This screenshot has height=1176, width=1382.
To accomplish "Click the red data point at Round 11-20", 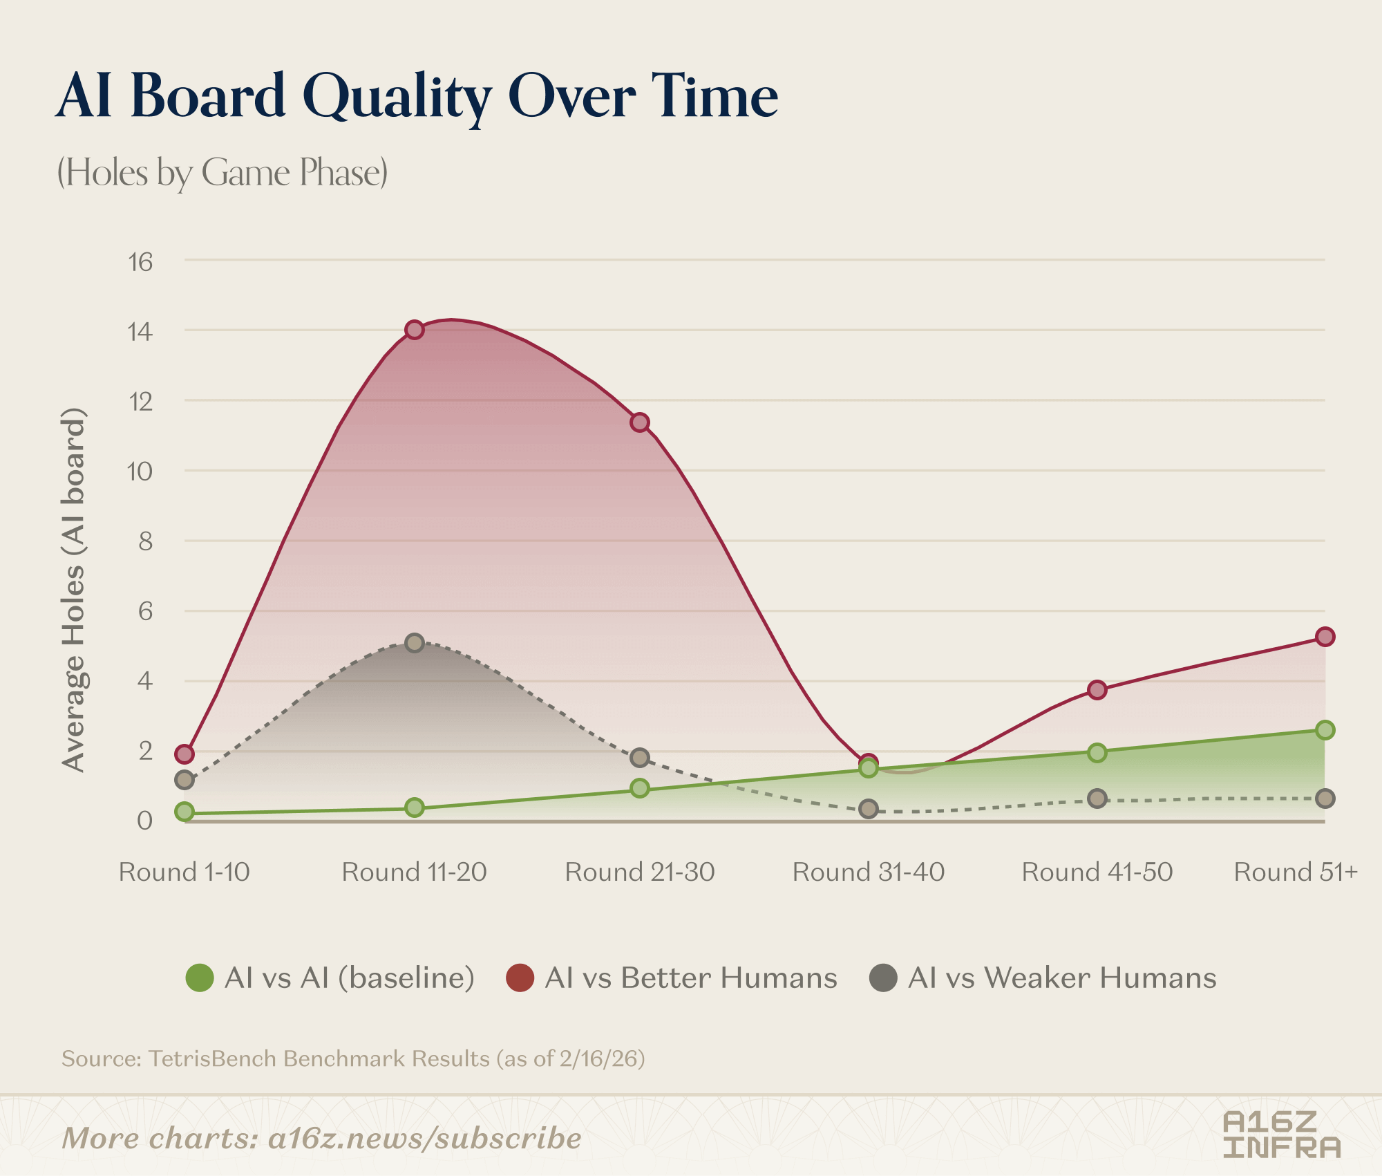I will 414,330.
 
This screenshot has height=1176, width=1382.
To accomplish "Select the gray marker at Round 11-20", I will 414,643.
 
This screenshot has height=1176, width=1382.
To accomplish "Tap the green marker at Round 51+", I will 1325,730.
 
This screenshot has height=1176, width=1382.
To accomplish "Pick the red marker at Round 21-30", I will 640,422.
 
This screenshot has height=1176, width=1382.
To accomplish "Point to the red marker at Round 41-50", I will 1097,690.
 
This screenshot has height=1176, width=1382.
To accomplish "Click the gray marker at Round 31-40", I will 869,809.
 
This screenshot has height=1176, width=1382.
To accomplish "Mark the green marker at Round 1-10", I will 184,812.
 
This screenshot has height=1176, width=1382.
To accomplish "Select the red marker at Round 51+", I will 1325,637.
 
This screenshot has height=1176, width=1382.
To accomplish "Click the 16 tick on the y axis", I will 140,263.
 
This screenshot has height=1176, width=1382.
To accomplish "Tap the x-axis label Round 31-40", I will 869,872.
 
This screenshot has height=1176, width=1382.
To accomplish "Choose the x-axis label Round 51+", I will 1296,872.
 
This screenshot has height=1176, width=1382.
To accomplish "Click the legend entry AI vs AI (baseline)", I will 331,978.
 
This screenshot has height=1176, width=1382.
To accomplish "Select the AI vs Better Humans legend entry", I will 672,978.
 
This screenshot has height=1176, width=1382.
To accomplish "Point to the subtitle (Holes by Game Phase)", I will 222,172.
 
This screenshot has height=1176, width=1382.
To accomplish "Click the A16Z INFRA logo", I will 1281,1135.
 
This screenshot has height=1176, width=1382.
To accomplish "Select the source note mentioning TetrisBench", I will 353,1058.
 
